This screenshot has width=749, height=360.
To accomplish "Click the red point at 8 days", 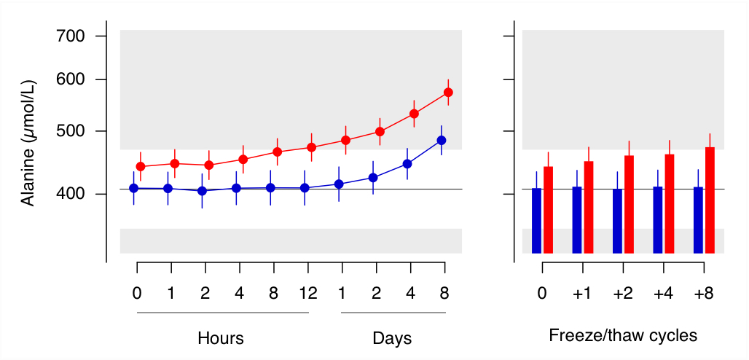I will click(448, 93).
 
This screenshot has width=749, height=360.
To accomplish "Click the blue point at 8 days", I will click(441, 140).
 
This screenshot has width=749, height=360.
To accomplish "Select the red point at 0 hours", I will click(141, 167).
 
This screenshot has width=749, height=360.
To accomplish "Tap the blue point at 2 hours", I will click(202, 191).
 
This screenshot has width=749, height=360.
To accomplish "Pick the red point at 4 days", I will click(414, 114).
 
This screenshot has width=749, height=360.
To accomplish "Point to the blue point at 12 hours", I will click(305, 188).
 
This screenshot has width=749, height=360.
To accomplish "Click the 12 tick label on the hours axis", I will click(308, 294).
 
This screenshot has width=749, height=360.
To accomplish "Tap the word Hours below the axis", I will click(221, 338).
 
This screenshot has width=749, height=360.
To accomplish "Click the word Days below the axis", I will click(392, 338).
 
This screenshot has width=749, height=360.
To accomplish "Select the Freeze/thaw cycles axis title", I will click(623, 336).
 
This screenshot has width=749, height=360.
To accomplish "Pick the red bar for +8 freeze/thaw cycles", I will click(710, 200).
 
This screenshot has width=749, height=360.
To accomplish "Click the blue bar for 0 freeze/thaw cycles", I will click(537, 220).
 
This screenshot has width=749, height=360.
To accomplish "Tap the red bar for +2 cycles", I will click(629, 204).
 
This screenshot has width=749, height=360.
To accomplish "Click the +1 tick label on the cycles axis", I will click(582, 294).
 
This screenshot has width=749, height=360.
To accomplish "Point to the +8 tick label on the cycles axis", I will click(703, 294).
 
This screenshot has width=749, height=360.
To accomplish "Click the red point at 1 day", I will click(345, 140).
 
